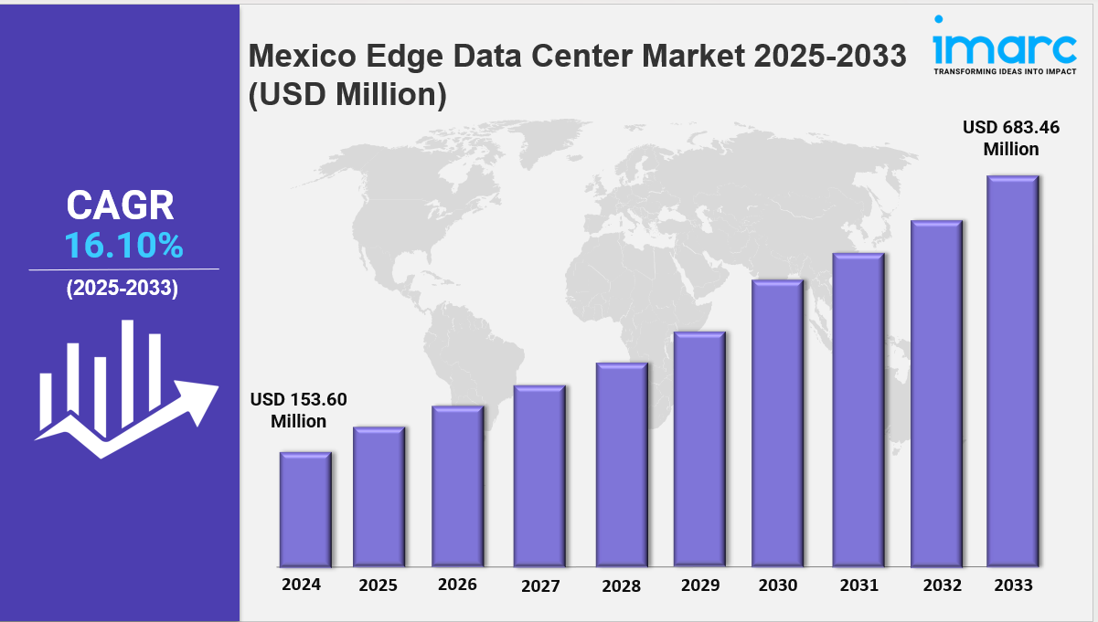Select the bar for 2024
[x=305, y=509]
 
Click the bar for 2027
[x=539, y=476]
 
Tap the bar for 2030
[x=777, y=423]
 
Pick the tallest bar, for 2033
[x=1012, y=371]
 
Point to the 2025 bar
[x=378, y=496]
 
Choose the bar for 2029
[x=699, y=448]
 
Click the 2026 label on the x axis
[x=457, y=584]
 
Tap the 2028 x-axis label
[x=621, y=585]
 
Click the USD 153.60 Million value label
[x=299, y=410]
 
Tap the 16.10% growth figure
[x=123, y=246]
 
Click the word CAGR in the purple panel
[x=120, y=206]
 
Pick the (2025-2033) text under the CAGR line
[x=123, y=289]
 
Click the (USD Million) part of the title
[x=347, y=95]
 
